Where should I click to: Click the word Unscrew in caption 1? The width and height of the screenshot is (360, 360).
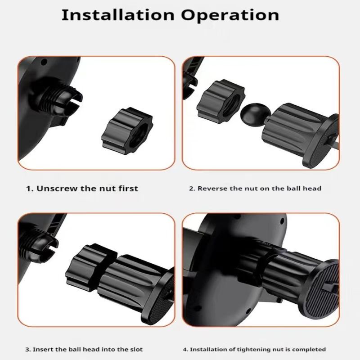click(x=57, y=188)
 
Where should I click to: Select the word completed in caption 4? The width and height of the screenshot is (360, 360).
click(x=309, y=349)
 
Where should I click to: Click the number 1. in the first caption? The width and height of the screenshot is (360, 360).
click(x=29, y=188)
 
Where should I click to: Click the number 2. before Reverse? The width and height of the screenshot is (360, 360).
click(x=192, y=188)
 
